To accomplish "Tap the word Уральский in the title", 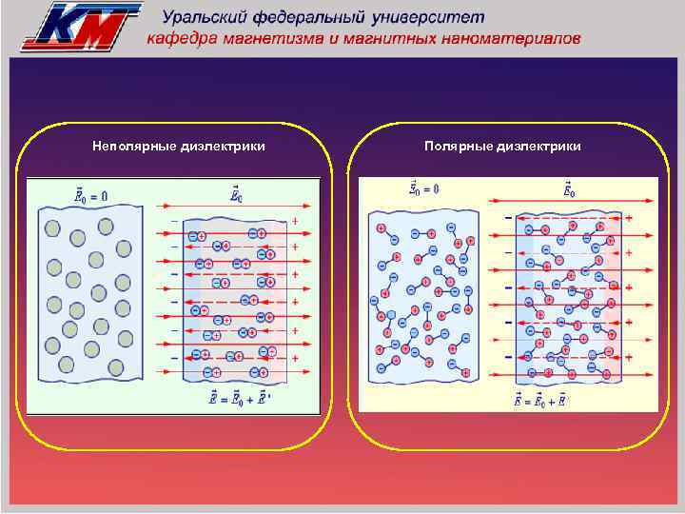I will tap(206, 17).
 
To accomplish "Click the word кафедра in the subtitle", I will tap(181, 39).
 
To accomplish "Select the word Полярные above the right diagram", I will tap(456, 147).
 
